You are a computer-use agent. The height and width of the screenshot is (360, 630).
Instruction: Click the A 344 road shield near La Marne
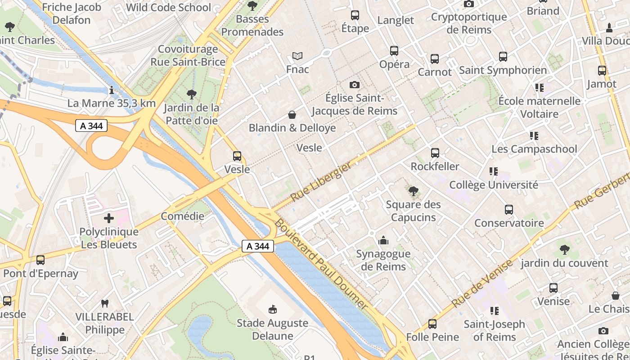pos(91,126)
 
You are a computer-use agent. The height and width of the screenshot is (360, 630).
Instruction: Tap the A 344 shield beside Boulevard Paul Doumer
pos(258,246)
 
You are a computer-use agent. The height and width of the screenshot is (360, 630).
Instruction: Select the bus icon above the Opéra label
pos(394,51)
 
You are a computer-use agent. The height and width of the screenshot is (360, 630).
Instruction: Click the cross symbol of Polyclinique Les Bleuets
pos(108,218)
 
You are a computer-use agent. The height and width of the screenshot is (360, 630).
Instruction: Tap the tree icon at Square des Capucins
pos(413,191)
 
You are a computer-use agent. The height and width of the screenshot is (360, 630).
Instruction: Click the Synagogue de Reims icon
pos(383,240)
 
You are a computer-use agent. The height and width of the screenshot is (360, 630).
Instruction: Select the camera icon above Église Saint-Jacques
pos(355,85)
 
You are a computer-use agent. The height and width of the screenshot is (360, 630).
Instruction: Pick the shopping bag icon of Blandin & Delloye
pos(292,115)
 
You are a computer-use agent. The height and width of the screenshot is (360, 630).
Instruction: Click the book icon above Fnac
pos(297,56)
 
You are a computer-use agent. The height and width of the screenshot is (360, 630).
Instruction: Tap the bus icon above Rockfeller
pos(435,153)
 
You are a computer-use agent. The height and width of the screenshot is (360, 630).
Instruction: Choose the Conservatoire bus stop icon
pos(508,210)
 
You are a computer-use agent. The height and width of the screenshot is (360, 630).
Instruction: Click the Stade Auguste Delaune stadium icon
pos(272,310)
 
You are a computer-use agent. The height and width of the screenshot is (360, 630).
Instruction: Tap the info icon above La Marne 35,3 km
pos(111,90)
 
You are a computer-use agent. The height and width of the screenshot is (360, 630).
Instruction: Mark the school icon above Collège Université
pos(494,171)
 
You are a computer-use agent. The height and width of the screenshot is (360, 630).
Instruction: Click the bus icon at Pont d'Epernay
pos(40,260)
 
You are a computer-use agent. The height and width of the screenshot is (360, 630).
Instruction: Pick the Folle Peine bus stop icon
pos(432,324)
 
